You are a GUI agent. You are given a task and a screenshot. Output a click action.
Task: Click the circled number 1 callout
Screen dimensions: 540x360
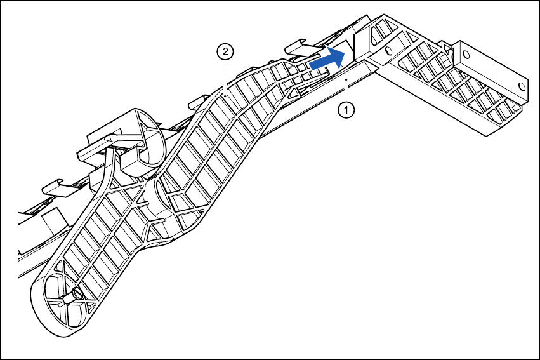point(346,110)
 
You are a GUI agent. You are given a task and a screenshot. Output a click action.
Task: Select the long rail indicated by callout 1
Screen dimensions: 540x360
point(305,105)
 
